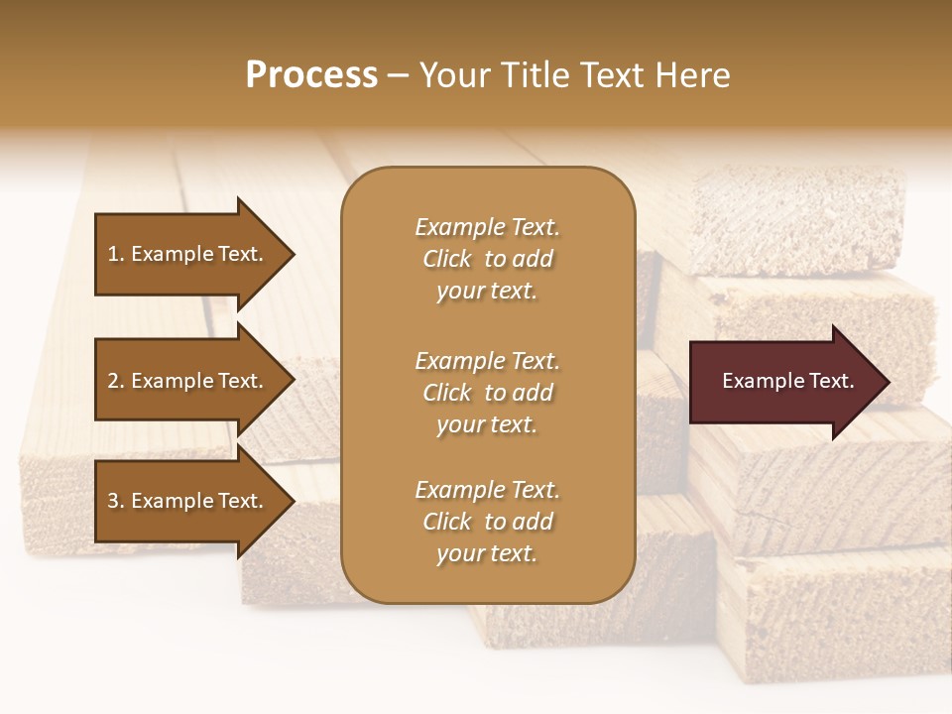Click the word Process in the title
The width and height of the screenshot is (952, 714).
tap(311, 75)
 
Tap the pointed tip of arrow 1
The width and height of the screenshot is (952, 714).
tap(292, 254)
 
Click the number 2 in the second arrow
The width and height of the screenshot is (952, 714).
tap(113, 381)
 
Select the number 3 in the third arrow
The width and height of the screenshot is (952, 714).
tap(113, 501)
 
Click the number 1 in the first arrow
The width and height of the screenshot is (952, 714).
tap(113, 254)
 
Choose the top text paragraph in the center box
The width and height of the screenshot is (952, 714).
tap(487, 259)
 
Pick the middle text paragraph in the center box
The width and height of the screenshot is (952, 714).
tap(487, 393)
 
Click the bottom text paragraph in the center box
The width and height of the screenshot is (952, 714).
tap(487, 522)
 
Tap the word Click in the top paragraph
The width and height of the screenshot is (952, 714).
tap(447, 260)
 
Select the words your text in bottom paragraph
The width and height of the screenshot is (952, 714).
tap(487, 553)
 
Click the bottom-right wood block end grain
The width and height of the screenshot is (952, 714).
tap(833, 615)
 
